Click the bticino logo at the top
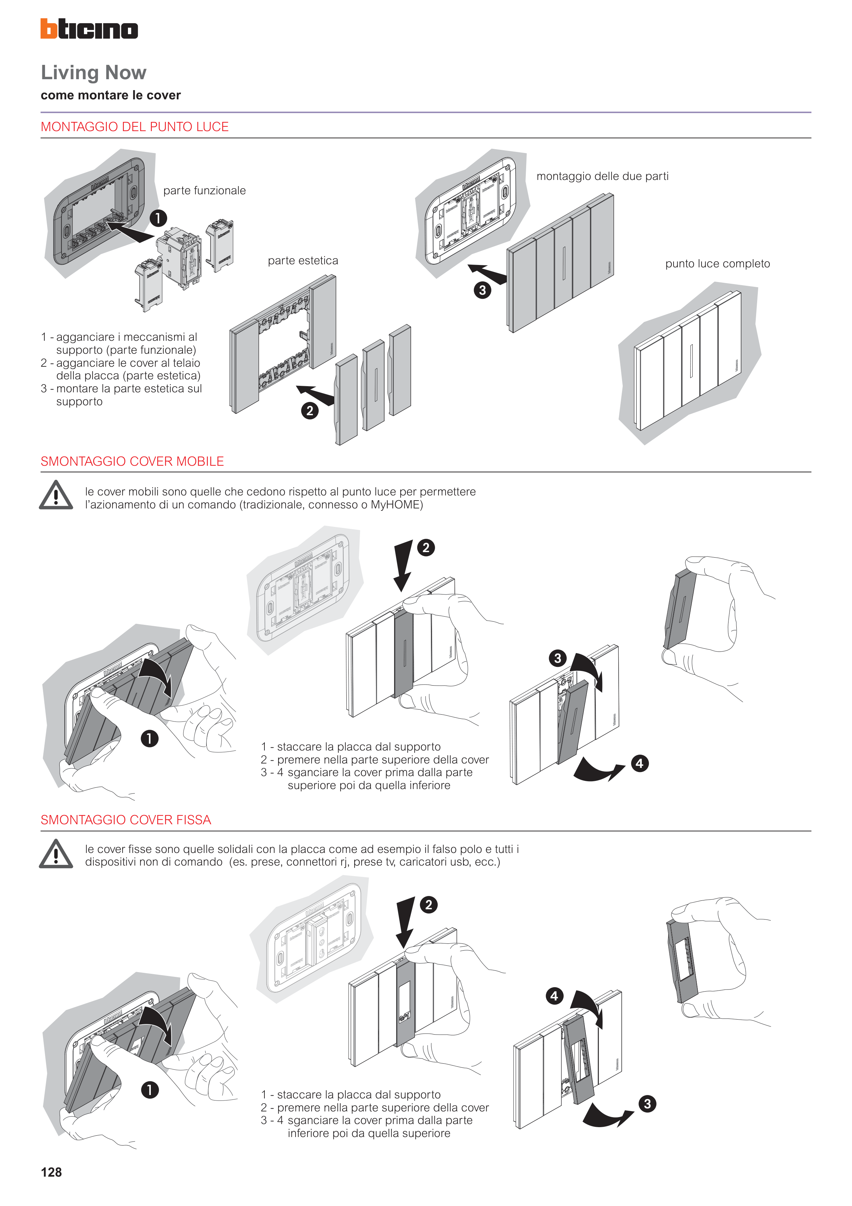tap(89, 29)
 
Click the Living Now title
tap(93, 72)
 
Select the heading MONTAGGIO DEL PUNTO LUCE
tap(134, 127)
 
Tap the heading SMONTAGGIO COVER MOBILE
tap(132, 461)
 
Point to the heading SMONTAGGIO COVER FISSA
tap(126, 820)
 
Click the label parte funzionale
tap(204, 191)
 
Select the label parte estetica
tap(303, 261)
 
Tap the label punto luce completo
tap(718, 264)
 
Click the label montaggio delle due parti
tap(602, 177)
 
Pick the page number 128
tap(52, 1173)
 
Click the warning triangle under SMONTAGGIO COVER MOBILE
tap(56, 495)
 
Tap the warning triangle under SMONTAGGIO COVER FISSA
tap(56, 854)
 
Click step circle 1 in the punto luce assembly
tap(158, 218)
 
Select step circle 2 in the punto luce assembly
tap(310, 411)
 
